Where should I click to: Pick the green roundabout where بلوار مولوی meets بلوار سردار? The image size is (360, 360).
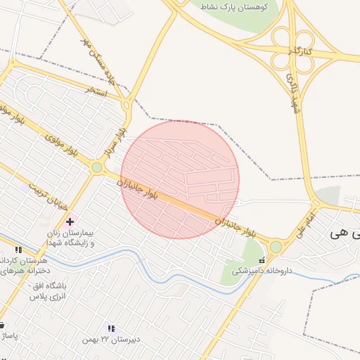click(96, 167)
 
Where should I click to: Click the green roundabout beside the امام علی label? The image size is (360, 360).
click(276, 247)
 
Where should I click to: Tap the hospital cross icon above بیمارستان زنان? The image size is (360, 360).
click(70, 221)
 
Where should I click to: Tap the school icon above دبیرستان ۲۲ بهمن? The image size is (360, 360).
click(110, 328)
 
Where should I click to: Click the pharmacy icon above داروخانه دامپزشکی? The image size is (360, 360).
click(262, 260)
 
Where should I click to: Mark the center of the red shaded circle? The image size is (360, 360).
click(180, 179)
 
